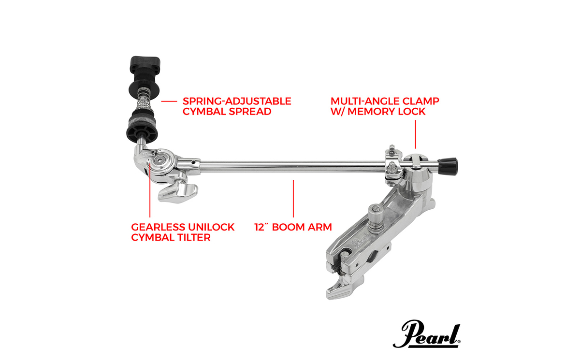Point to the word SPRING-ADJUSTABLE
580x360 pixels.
pos(236,101)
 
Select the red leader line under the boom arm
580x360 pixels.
pos(293,198)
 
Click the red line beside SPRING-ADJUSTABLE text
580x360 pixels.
pos(168,101)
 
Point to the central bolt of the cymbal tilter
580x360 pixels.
pos(160,161)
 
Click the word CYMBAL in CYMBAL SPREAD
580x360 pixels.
pos(203,112)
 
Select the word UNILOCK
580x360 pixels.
pos(213,227)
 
